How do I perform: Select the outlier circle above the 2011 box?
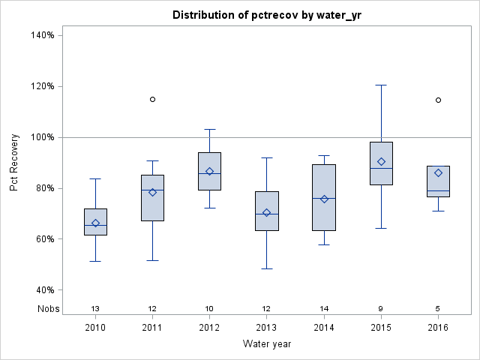click(x=152, y=99)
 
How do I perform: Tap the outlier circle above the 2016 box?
click(x=438, y=100)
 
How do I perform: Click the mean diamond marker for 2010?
click(x=95, y=223)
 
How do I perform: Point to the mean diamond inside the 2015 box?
click(x=381, y=161)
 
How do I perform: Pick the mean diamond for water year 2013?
click(x=266, y=212)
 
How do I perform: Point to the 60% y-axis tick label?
click(x=43, y=239)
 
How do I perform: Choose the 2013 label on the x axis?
click(x=266, y=328)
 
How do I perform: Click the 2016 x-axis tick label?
click(x=438, y=328)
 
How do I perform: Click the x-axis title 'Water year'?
click(x=266, y=344)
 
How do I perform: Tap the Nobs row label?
click(x=46, y=308)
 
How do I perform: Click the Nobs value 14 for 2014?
click(x=324, y=308)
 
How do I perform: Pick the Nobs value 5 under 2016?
click(x=438, y=308)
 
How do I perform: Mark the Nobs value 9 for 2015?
click(x=381, y=308)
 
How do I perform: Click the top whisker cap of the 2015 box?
click(x=381, y=85)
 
